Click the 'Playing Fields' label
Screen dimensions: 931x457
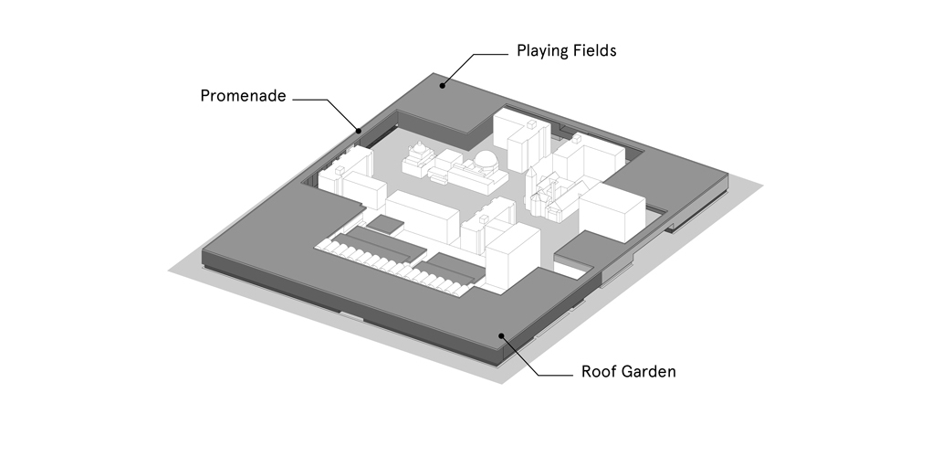[x=566, y=50]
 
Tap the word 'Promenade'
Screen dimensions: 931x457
[x=244, y=96]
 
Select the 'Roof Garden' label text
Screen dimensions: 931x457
[x=628, y=372]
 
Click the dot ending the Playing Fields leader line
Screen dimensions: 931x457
[x=443, y=86]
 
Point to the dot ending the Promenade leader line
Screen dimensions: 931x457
[x=360, y=131]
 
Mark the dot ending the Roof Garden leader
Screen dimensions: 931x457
[x=500, y=336]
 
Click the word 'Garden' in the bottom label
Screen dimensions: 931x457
[x=650, y=372]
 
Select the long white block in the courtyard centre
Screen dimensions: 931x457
[x=421, y=216]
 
